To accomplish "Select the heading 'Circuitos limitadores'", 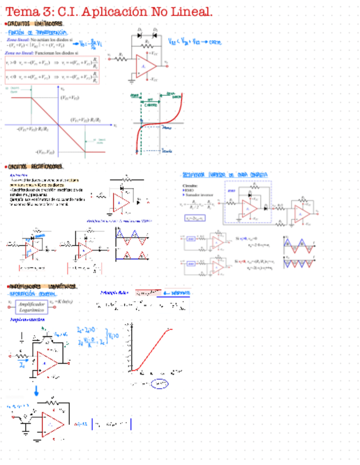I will coord(36,24).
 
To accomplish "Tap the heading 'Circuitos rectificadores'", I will coord(36,166).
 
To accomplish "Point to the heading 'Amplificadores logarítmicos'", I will coord(43,286).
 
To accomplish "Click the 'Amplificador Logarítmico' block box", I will coord(31,306).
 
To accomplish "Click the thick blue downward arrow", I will coord(36,390).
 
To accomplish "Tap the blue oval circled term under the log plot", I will coord(160,384).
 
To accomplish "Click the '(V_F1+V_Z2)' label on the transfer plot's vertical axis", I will coord(70,98).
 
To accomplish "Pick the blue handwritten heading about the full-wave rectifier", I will coord(225,174).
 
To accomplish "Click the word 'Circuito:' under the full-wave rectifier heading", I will coord(189,185).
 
